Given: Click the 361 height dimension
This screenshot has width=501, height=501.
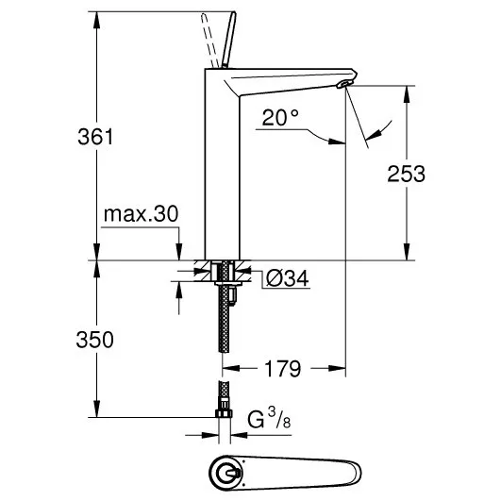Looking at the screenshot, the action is [x=95, y=137].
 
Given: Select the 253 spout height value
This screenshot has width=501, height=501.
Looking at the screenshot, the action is [x=406, y=175].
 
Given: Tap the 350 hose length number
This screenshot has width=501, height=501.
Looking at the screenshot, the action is [x=95, y=340].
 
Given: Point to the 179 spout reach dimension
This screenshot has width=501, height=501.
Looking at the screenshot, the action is [x=283, y=369].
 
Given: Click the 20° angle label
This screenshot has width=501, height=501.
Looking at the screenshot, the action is [x=280, y=117].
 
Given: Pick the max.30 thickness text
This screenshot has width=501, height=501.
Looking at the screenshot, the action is [x=141, y=214].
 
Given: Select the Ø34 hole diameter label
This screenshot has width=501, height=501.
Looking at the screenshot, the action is [x=287, y=278].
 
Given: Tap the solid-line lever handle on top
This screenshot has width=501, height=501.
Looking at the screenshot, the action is [x=228, y=40].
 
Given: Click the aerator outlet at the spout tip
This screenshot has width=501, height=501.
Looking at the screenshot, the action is [x=344, y=84].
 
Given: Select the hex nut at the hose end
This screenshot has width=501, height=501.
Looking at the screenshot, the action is [x=224, y=413].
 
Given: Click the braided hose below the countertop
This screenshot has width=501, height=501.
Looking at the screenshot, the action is [x=225, y=316].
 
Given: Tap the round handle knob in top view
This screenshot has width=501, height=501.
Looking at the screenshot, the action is [x=225, y=473].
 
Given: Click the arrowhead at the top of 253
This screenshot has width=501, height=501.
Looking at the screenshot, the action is [x=407, y=93].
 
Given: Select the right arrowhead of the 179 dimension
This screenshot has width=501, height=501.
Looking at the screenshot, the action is [x=338, y=368].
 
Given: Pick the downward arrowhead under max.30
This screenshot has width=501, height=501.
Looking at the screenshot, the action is [x=179, y=252].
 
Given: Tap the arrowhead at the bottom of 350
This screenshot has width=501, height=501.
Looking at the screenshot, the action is [x=96, y=409].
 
